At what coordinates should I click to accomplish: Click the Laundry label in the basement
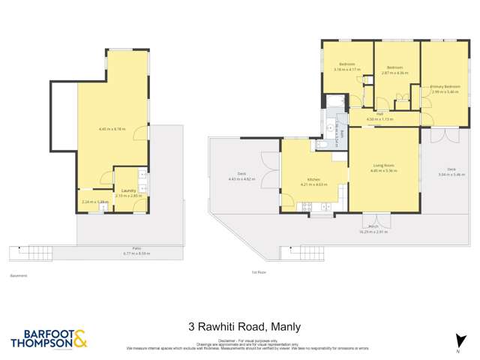pos(127,190)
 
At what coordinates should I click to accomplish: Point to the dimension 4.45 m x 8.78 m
pos(112,129)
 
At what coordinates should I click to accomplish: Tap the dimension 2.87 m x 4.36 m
pos(394,73)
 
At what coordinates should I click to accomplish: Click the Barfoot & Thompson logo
pos(49,338)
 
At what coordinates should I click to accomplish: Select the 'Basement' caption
pos(19,275)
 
